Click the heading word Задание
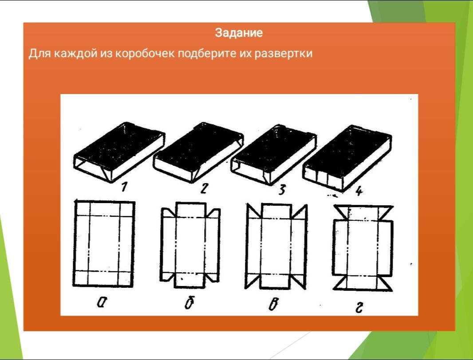click(239, 32)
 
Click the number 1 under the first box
click(124, 187)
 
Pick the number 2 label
click(204, 188)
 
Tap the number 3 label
click(281, 190)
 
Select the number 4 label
click(359, 191)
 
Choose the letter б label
click(189, 303)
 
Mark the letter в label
click(273, 304)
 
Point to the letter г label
click(359, 308)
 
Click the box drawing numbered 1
click(119, 152)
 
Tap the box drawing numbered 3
click(273, 154)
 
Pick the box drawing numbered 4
click(347, 158)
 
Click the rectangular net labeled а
click(104, 243)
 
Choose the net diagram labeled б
click(190, 245)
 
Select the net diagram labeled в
click(276, 247)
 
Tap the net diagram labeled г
click(363, 247)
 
